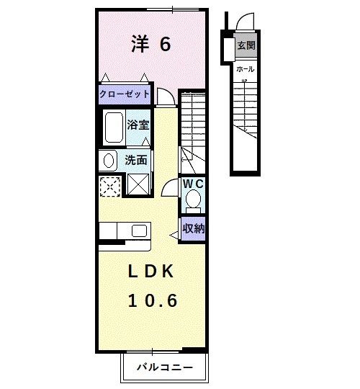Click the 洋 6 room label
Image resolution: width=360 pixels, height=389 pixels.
[x=151, y=45]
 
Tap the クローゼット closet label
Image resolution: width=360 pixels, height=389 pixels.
[x=125, y=94]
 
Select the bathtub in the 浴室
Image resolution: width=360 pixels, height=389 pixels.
[x=114, y=128]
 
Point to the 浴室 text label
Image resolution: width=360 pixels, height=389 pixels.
[x=138, y=125]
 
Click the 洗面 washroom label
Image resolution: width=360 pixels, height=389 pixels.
[x=136, y=160]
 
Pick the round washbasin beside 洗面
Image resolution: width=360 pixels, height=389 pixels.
[x=108, y=160]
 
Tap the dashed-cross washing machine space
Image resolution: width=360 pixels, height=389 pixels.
[x=110, y=185]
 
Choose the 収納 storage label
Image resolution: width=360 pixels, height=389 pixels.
[x=192, y=229]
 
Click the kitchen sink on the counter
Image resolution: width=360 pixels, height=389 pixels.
[x=139, y=231]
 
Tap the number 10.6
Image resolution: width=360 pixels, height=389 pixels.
[x=153, y=300]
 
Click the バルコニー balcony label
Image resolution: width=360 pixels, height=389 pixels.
[x=166, y=367]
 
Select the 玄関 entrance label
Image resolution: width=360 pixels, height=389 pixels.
[x=246, y=45]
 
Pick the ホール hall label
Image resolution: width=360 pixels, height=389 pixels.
[x=245, y=69]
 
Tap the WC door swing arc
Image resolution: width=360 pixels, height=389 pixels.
[x=170, y=189]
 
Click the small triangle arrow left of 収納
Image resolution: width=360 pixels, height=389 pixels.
[x=173, y=233]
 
